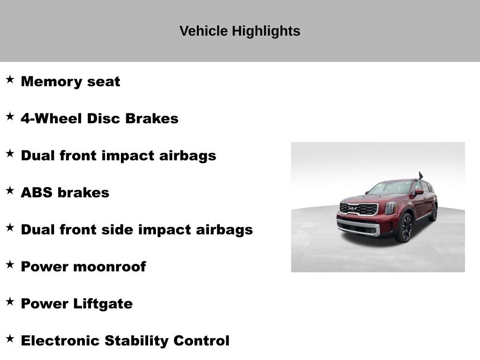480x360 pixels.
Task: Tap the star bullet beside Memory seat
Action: pos(10,80)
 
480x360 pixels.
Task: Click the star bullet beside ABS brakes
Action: pos(10,191)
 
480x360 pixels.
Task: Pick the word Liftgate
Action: pos(103,304)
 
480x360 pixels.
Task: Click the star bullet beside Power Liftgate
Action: pos(10,302)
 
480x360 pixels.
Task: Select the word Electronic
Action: pos(60,341)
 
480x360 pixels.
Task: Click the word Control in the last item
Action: pos(202,341)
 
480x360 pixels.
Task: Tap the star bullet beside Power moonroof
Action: pos(10,265)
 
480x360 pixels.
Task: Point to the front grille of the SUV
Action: pos(359,209)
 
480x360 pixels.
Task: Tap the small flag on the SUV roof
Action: pos(420,175)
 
